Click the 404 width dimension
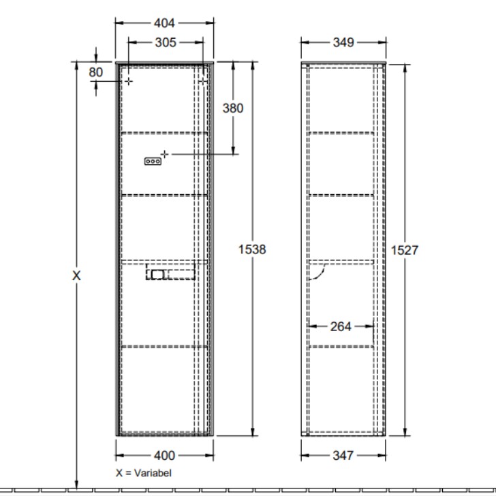[164, 23]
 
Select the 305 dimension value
[166, 42]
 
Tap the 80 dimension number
[95, 72]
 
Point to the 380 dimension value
[233, 108]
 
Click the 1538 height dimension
[252, 249]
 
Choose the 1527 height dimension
[405, 250]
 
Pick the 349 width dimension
[343, 42]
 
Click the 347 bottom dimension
[343, 456]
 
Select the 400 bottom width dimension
[164, 456]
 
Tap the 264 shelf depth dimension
[341, 326]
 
